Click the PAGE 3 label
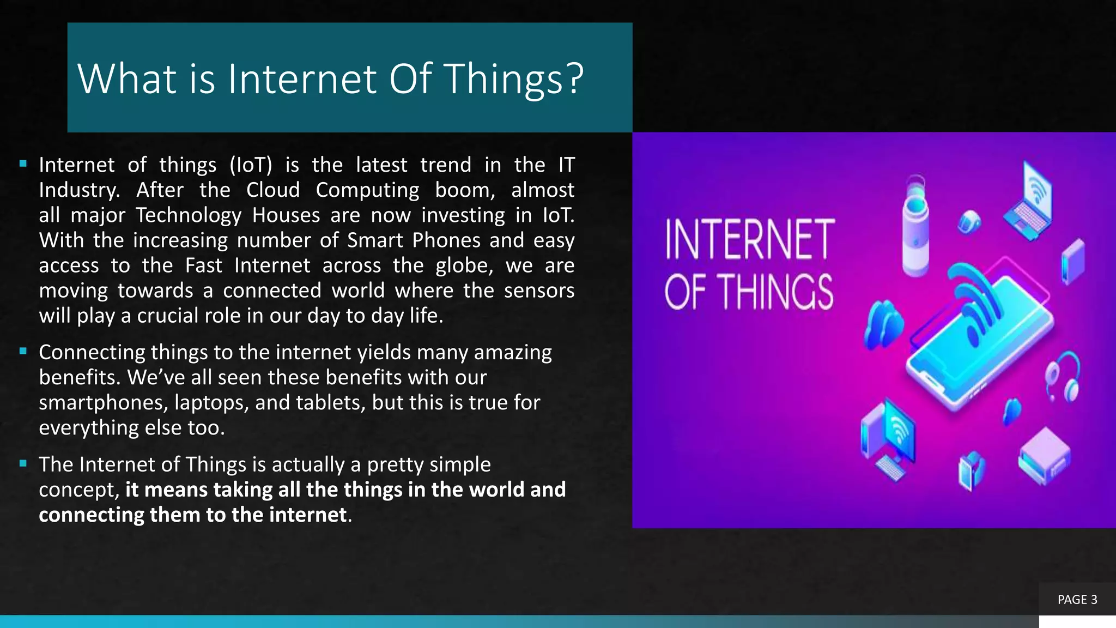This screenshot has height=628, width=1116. (x=1077, y=600)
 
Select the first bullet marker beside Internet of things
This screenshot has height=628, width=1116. (x=23, y=164)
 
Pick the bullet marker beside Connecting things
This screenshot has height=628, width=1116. (x=23, y=351)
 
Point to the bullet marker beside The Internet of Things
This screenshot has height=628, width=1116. (x=23, y=463)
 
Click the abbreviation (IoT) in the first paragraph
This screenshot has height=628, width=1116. (x=250, y=165)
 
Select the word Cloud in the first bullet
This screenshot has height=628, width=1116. (x=272, y=190)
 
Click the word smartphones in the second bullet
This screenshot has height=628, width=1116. (x=103, y=403)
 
